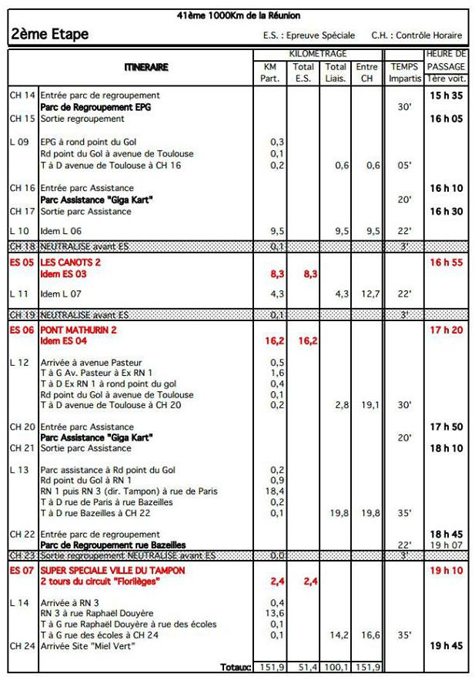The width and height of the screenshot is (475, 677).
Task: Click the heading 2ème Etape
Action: click(x=50, y=35)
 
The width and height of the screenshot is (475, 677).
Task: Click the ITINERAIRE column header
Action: click(x=146, y=68)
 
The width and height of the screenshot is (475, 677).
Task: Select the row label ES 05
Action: click(x=22, y=263)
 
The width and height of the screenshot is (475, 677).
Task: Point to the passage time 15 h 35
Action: click(x=446, y=96)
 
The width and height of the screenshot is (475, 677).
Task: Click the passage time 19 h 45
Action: click(x=446, y=645)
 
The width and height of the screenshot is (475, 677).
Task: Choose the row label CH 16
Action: click(x=22, y=188)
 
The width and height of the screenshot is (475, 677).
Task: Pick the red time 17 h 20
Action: click(x=446, y=330)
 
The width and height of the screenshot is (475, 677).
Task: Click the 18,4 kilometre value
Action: click(x=275, y=491)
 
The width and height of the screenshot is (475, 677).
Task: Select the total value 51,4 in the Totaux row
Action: click(x=305, y=667)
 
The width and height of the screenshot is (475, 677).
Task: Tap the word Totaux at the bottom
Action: click(x=236, y=667)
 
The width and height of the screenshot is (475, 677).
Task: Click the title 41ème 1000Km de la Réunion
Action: click(x=238, y=15)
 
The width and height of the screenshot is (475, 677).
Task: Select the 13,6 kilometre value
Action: click(x=275, y=613)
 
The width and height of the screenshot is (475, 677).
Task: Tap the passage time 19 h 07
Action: click(x=447, y=545)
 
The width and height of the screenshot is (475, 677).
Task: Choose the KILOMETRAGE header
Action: click(x=317, y=54)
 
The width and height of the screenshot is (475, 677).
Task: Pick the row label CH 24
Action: click(x=22, y=645)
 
